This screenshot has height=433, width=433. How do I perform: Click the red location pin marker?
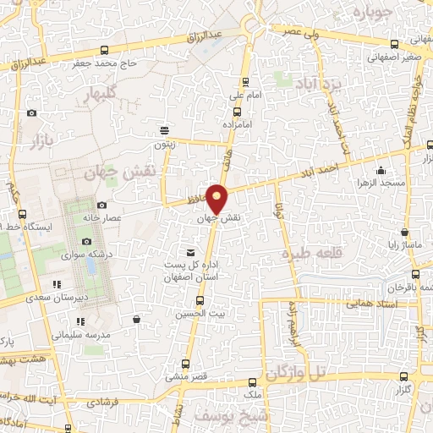point(218,199)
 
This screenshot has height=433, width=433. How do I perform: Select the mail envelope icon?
point(190,252)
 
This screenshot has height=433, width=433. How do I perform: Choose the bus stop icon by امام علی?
point(245,83)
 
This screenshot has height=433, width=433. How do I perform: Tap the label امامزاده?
point(238,123)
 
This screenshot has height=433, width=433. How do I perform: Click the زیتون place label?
point(163,144)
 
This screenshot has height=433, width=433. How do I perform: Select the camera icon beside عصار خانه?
point(102,205)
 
